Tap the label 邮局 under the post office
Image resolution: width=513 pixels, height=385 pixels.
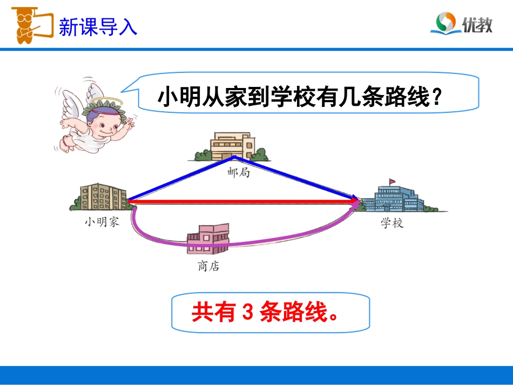(x=238, y=174)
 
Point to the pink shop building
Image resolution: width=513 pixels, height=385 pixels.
(x=208, y=238)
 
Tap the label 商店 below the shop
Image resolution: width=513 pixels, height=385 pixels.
(x=208, y=266)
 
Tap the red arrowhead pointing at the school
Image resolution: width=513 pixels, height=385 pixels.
(x=355, y=202)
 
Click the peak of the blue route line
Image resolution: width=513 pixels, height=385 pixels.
(x=234, y=157)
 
